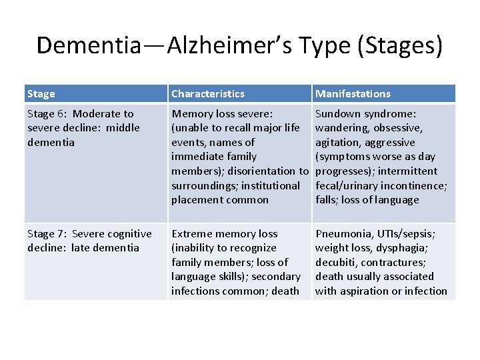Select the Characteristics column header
click(207, 94)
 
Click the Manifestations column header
click(353, 94)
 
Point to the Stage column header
click(41, 94)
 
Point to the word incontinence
click(411, 185)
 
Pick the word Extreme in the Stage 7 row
click(192, 234)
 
